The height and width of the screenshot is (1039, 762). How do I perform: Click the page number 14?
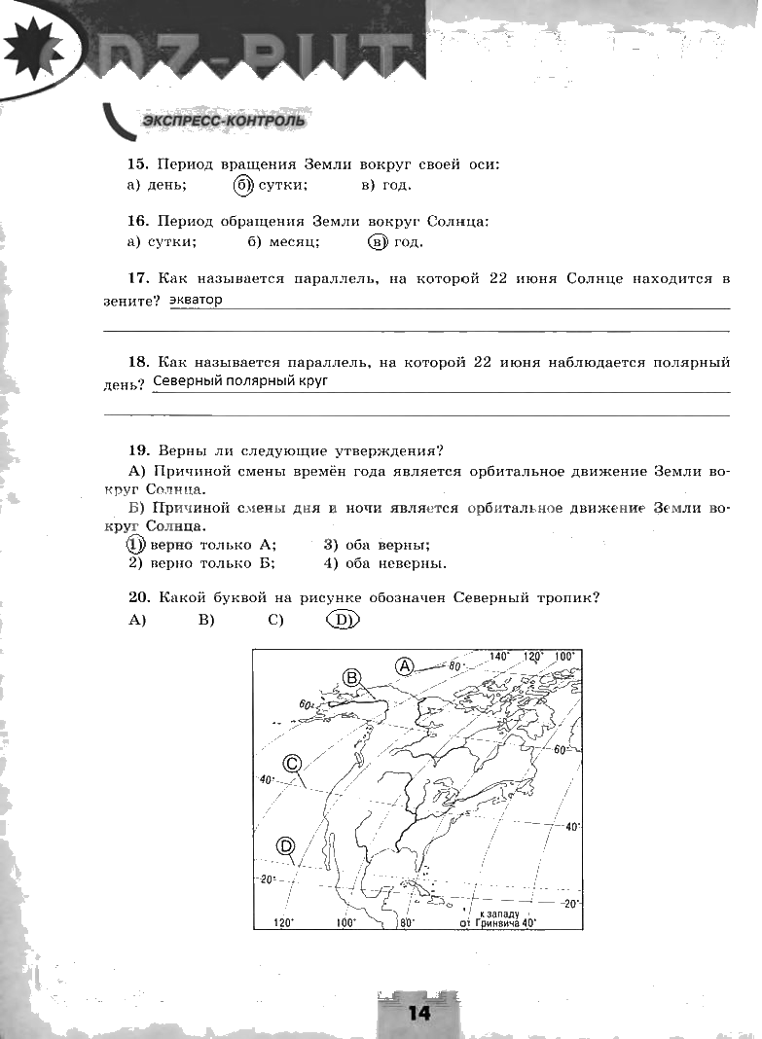pyautogui.click(x=418, y=1012)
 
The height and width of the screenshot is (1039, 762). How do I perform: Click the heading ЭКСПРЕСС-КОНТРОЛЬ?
pyautogui.click(x=223, y=122)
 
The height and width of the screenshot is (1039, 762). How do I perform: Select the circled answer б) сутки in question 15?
pyautogui.click(x=272, y=185)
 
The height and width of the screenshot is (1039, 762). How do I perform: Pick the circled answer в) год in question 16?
pyautogui.click(x=396, y=242)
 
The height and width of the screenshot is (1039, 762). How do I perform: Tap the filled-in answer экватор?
pyautogui.click(x=196, y=300)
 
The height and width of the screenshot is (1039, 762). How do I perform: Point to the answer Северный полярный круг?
pyautogui.click(x=240, y=381)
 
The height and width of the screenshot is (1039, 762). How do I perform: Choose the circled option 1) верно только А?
pyautogui.click(x=202, y=545)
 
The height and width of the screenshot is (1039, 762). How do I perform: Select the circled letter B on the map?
pyautogui.click(x=352, y=677)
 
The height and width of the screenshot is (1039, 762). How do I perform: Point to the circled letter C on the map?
pyautogui.click(x=291, y=764)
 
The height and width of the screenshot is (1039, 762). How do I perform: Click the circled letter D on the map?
pyautogui.click(x=285, y=846)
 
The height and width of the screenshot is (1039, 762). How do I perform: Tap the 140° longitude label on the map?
pyautogui.click(x=500, y=657)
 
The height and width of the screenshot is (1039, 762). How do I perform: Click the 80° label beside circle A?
pyautogui.click(x=453, y=665)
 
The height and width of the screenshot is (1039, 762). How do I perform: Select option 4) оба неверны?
pyautogui.click(x=385, y=563)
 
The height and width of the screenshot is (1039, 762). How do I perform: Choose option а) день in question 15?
pyautogui.click(x=158, y=185)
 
